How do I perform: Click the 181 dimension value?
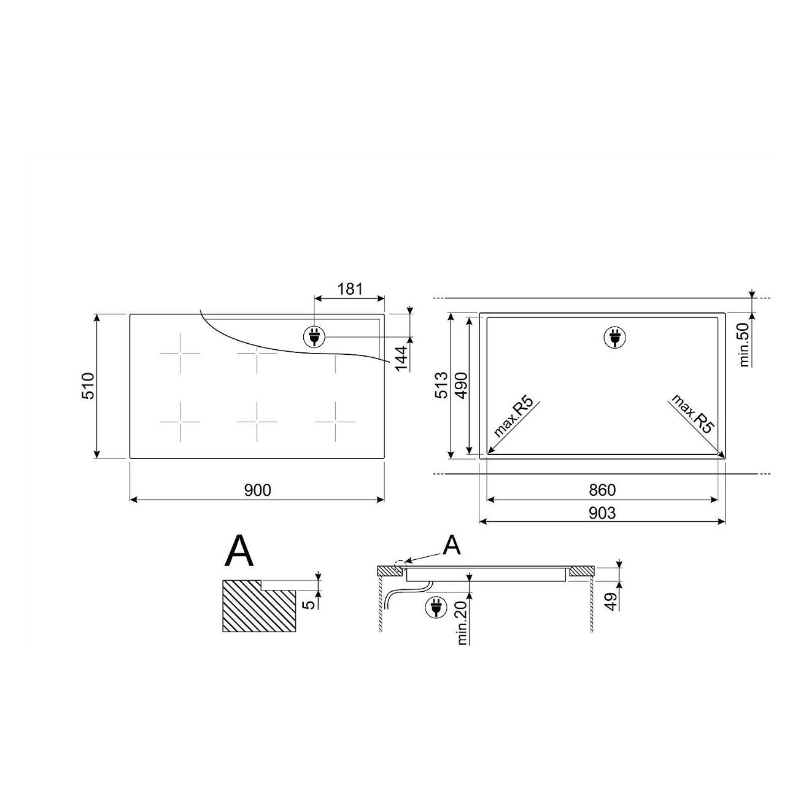350,289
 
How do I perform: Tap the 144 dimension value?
401,358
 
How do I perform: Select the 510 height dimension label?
88,386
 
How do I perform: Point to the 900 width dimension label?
258,490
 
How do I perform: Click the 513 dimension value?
441,385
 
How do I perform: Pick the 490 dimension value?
461,385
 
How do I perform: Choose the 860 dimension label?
603,490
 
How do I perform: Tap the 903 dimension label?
603,514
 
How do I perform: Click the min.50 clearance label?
744,344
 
